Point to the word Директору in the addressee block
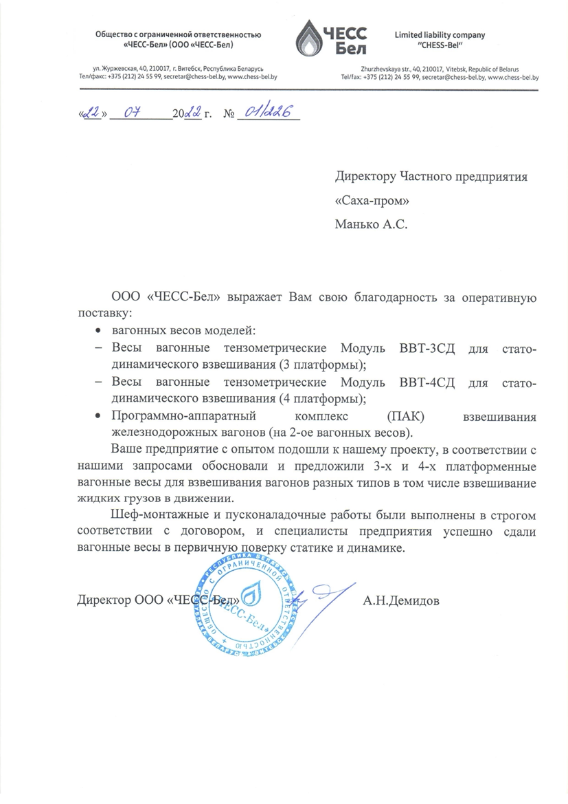click(x=365, y=177)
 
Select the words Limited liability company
click(x=440, y=34)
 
